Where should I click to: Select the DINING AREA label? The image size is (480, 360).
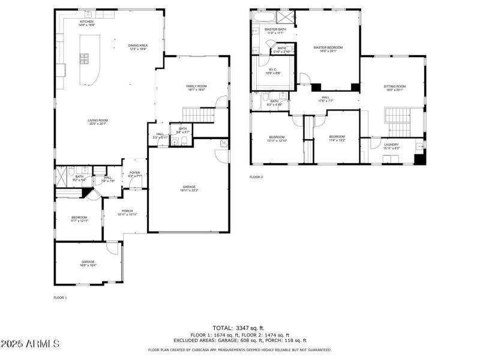click(x=138, y=47)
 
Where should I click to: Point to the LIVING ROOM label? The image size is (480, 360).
click(x=97, y=122)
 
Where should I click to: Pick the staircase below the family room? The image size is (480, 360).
click(x=198, y=114)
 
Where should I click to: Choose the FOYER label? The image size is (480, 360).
click(x=134, y=174)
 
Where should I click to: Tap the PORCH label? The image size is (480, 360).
click(x=127, y=212)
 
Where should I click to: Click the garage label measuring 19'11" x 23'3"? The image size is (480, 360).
click(x=189, y=188)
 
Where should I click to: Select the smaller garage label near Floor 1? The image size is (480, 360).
click(x=88, y=263)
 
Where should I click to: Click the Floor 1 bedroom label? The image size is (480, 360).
click(x=79, y=219)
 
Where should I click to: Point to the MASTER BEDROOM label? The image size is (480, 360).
click(x=328, y=49)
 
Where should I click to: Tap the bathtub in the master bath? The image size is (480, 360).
click(x=263, y=17)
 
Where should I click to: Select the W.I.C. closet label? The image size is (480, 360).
click(x=273, y=71)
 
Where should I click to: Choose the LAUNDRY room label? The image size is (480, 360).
click(x=391, y=146)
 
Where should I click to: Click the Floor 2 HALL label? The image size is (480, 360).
click(x=325, y=99)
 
